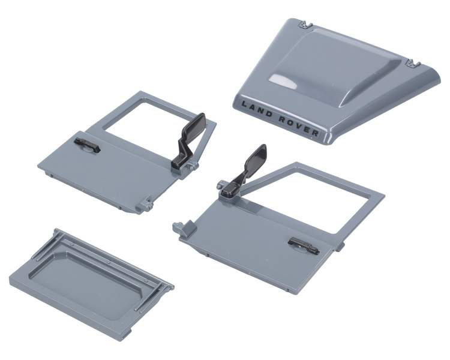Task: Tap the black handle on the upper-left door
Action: (x=87, y=145)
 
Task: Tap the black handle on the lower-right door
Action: (x=304, y=246)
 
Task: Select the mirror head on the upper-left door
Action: (x=194, y=125)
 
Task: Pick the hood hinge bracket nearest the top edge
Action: (x=305, y=25)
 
